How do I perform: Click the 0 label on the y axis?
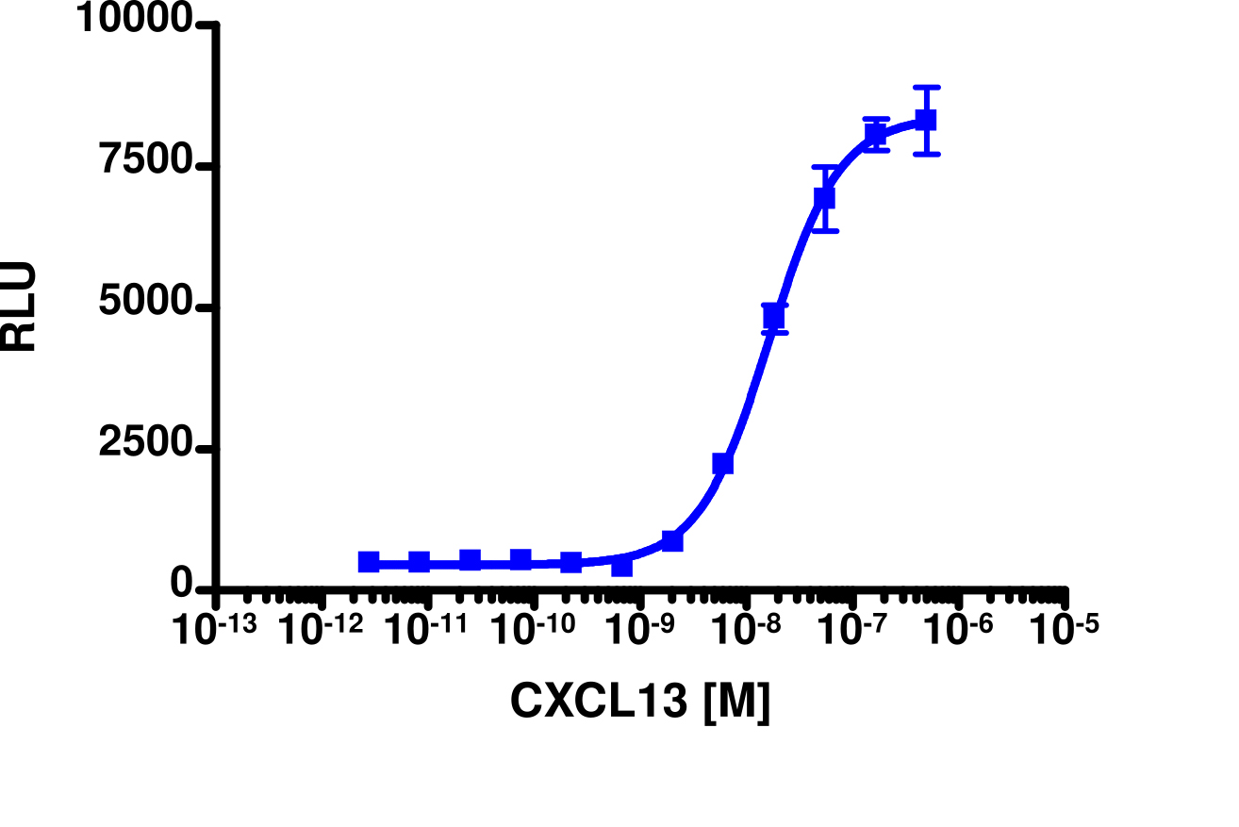(183, 586)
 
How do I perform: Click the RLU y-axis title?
(19, 306)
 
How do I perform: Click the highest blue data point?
(926, 120)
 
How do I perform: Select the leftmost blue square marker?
(369, 562)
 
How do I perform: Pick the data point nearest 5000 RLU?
(774, 316)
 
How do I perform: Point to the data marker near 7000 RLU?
(825, 198)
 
